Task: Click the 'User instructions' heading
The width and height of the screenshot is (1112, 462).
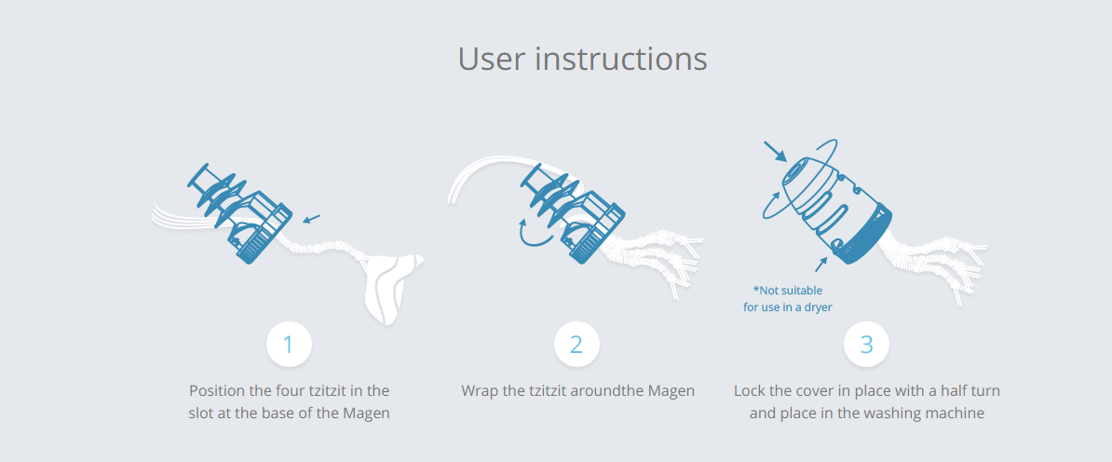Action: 582,59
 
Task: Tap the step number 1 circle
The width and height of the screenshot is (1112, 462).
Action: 289,345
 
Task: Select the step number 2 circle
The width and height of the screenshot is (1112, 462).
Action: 576,345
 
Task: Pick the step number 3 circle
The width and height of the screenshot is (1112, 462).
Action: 866,345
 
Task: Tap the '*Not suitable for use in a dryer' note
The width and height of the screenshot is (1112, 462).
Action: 787,299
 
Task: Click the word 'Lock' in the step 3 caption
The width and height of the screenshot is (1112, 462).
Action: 748,390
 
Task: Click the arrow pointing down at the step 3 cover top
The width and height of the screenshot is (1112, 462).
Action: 775,151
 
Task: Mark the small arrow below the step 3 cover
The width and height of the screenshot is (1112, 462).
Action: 821,265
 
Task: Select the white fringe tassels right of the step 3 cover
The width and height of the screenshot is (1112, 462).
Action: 933,264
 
